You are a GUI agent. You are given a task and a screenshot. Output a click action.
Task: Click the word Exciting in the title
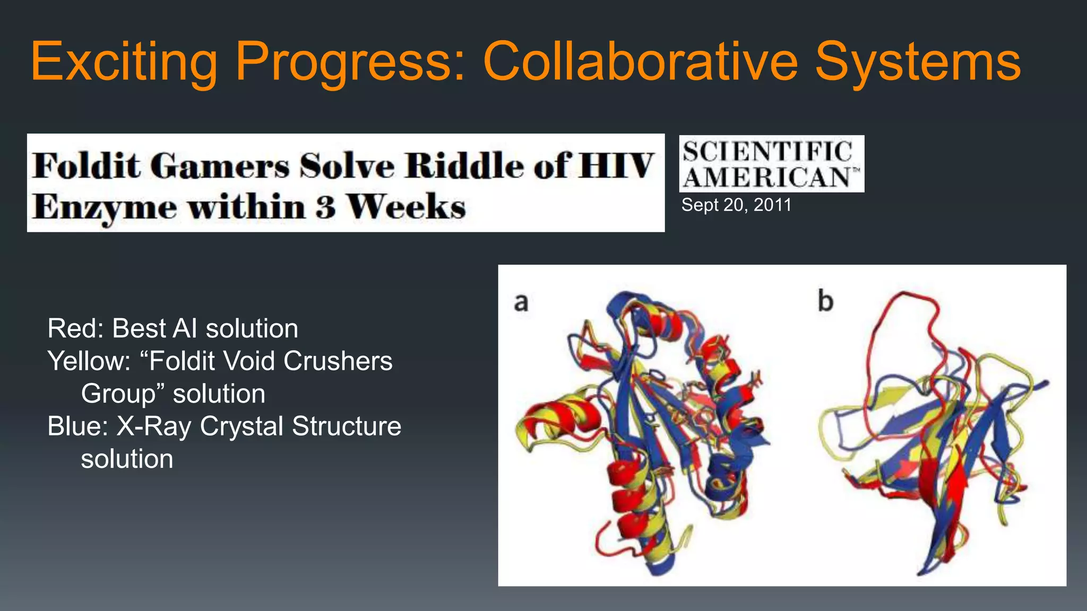tap(124, 62)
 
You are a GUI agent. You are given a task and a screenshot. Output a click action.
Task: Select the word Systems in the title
tap(917, 62)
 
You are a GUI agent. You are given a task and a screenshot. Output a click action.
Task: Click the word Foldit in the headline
tap(88, 165)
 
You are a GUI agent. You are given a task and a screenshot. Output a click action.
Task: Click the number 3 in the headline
tap(325, 207)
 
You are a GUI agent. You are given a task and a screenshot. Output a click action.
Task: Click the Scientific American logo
tap(771, 164)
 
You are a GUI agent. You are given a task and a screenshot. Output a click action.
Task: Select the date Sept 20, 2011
tap(736, 205)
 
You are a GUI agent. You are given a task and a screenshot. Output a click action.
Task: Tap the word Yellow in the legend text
tap(88, 361)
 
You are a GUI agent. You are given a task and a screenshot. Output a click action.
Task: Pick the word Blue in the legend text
tap(76, 426)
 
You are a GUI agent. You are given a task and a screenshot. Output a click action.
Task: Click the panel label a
tap(521, 302)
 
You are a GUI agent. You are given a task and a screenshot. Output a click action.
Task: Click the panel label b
tap(825, 301)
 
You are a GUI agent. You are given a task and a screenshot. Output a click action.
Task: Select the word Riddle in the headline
tap(465, 165)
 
